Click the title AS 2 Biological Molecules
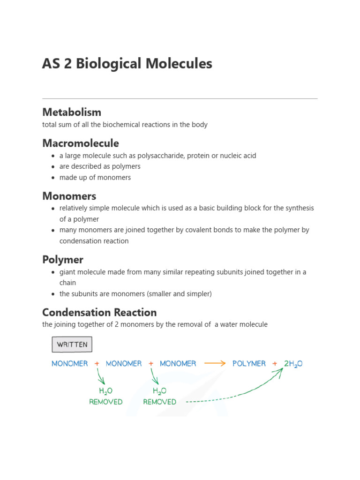pos(127,64)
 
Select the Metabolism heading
pos(72,112)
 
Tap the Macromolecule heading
pos(81,143)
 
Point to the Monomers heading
pos(69,195)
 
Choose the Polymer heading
pos(63,259)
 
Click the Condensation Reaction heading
pos(99,312)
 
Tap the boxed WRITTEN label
pos(72,345)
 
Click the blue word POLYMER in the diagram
pos(249,363)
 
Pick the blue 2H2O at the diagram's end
pos(293,364)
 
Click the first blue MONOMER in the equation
pos(70,363)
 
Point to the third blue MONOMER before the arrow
pos(178,363)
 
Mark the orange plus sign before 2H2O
pos(275,363)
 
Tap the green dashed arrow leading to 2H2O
pos(234,397)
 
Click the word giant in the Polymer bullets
pos(67,272)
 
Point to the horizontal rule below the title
pos(180,98)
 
